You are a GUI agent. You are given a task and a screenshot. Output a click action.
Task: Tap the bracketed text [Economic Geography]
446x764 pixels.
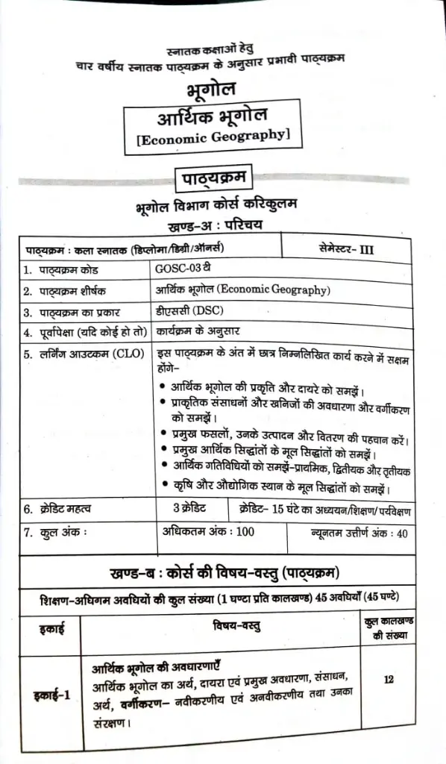[x=211, y=137]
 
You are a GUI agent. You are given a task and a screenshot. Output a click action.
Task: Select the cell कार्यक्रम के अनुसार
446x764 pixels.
[x=204, y=331]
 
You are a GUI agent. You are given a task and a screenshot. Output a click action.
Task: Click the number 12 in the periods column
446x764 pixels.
[x=389, y=680]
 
